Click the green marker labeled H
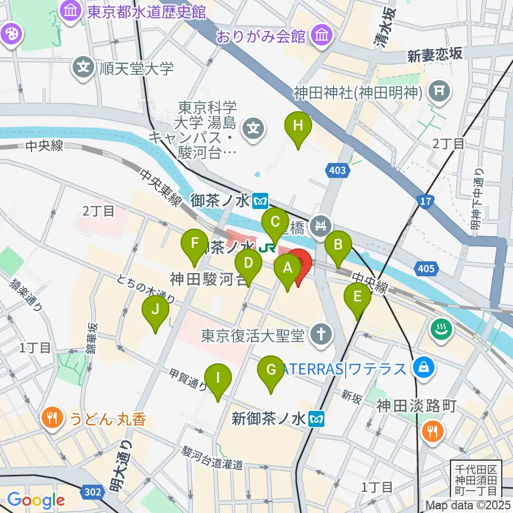(x=298, y=127)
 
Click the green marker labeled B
(x=338, y=245)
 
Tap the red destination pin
(x=299, y=263)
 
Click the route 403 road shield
(x=338, y=171)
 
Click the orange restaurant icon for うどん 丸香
(x=52, y=417)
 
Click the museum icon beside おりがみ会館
(x=322, y=36)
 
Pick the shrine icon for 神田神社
(x=439, y=92)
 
